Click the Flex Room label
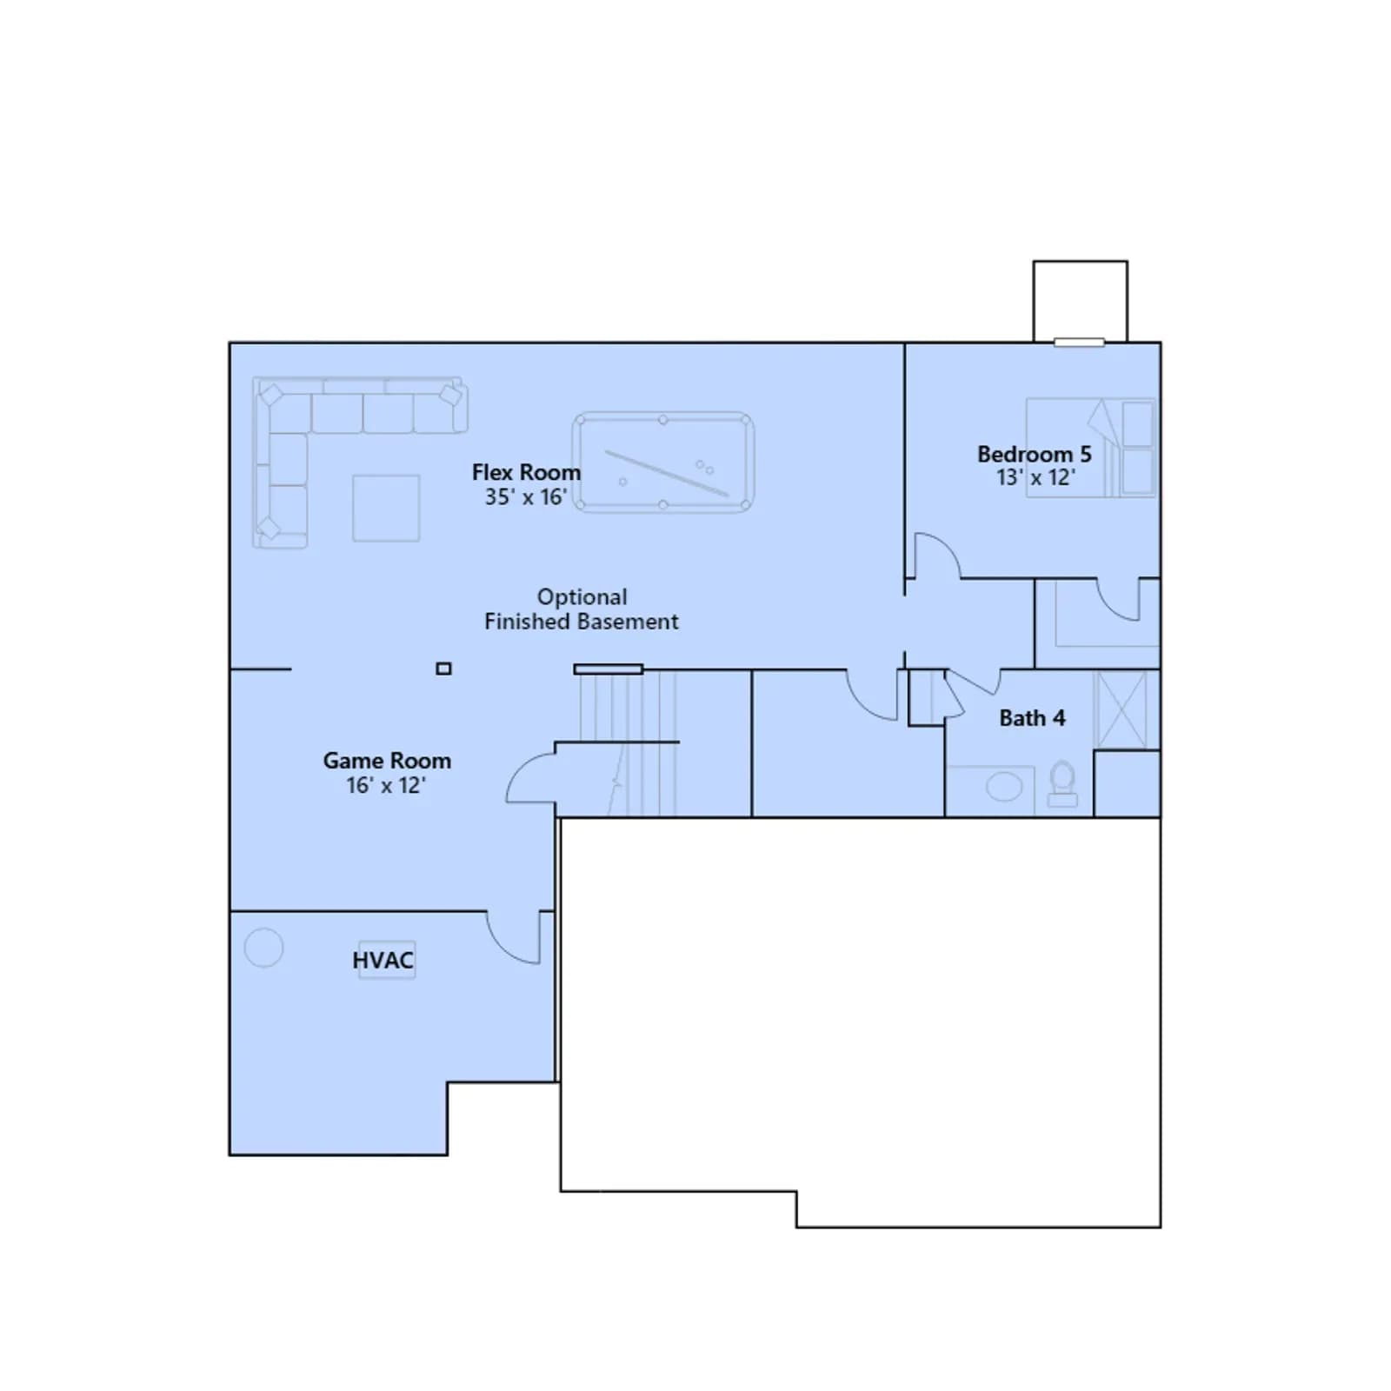pos(526,472)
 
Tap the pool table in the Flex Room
pos(663,463)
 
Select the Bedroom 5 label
pos(1034,454)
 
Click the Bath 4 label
pos(1032,718)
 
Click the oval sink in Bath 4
pos(1004,788)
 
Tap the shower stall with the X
pos(1121,709)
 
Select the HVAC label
pos(383,960)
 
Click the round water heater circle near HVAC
pos(263,948)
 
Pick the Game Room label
pos(387,761)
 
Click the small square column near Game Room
pos(443,669)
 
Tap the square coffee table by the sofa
pos(386,508)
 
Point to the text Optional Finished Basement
pos(582,609)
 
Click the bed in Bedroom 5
pos(1090,448)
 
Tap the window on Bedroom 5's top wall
pos(1079,343)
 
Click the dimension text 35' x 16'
pos(526,496)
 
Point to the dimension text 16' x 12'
pos(386,785)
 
